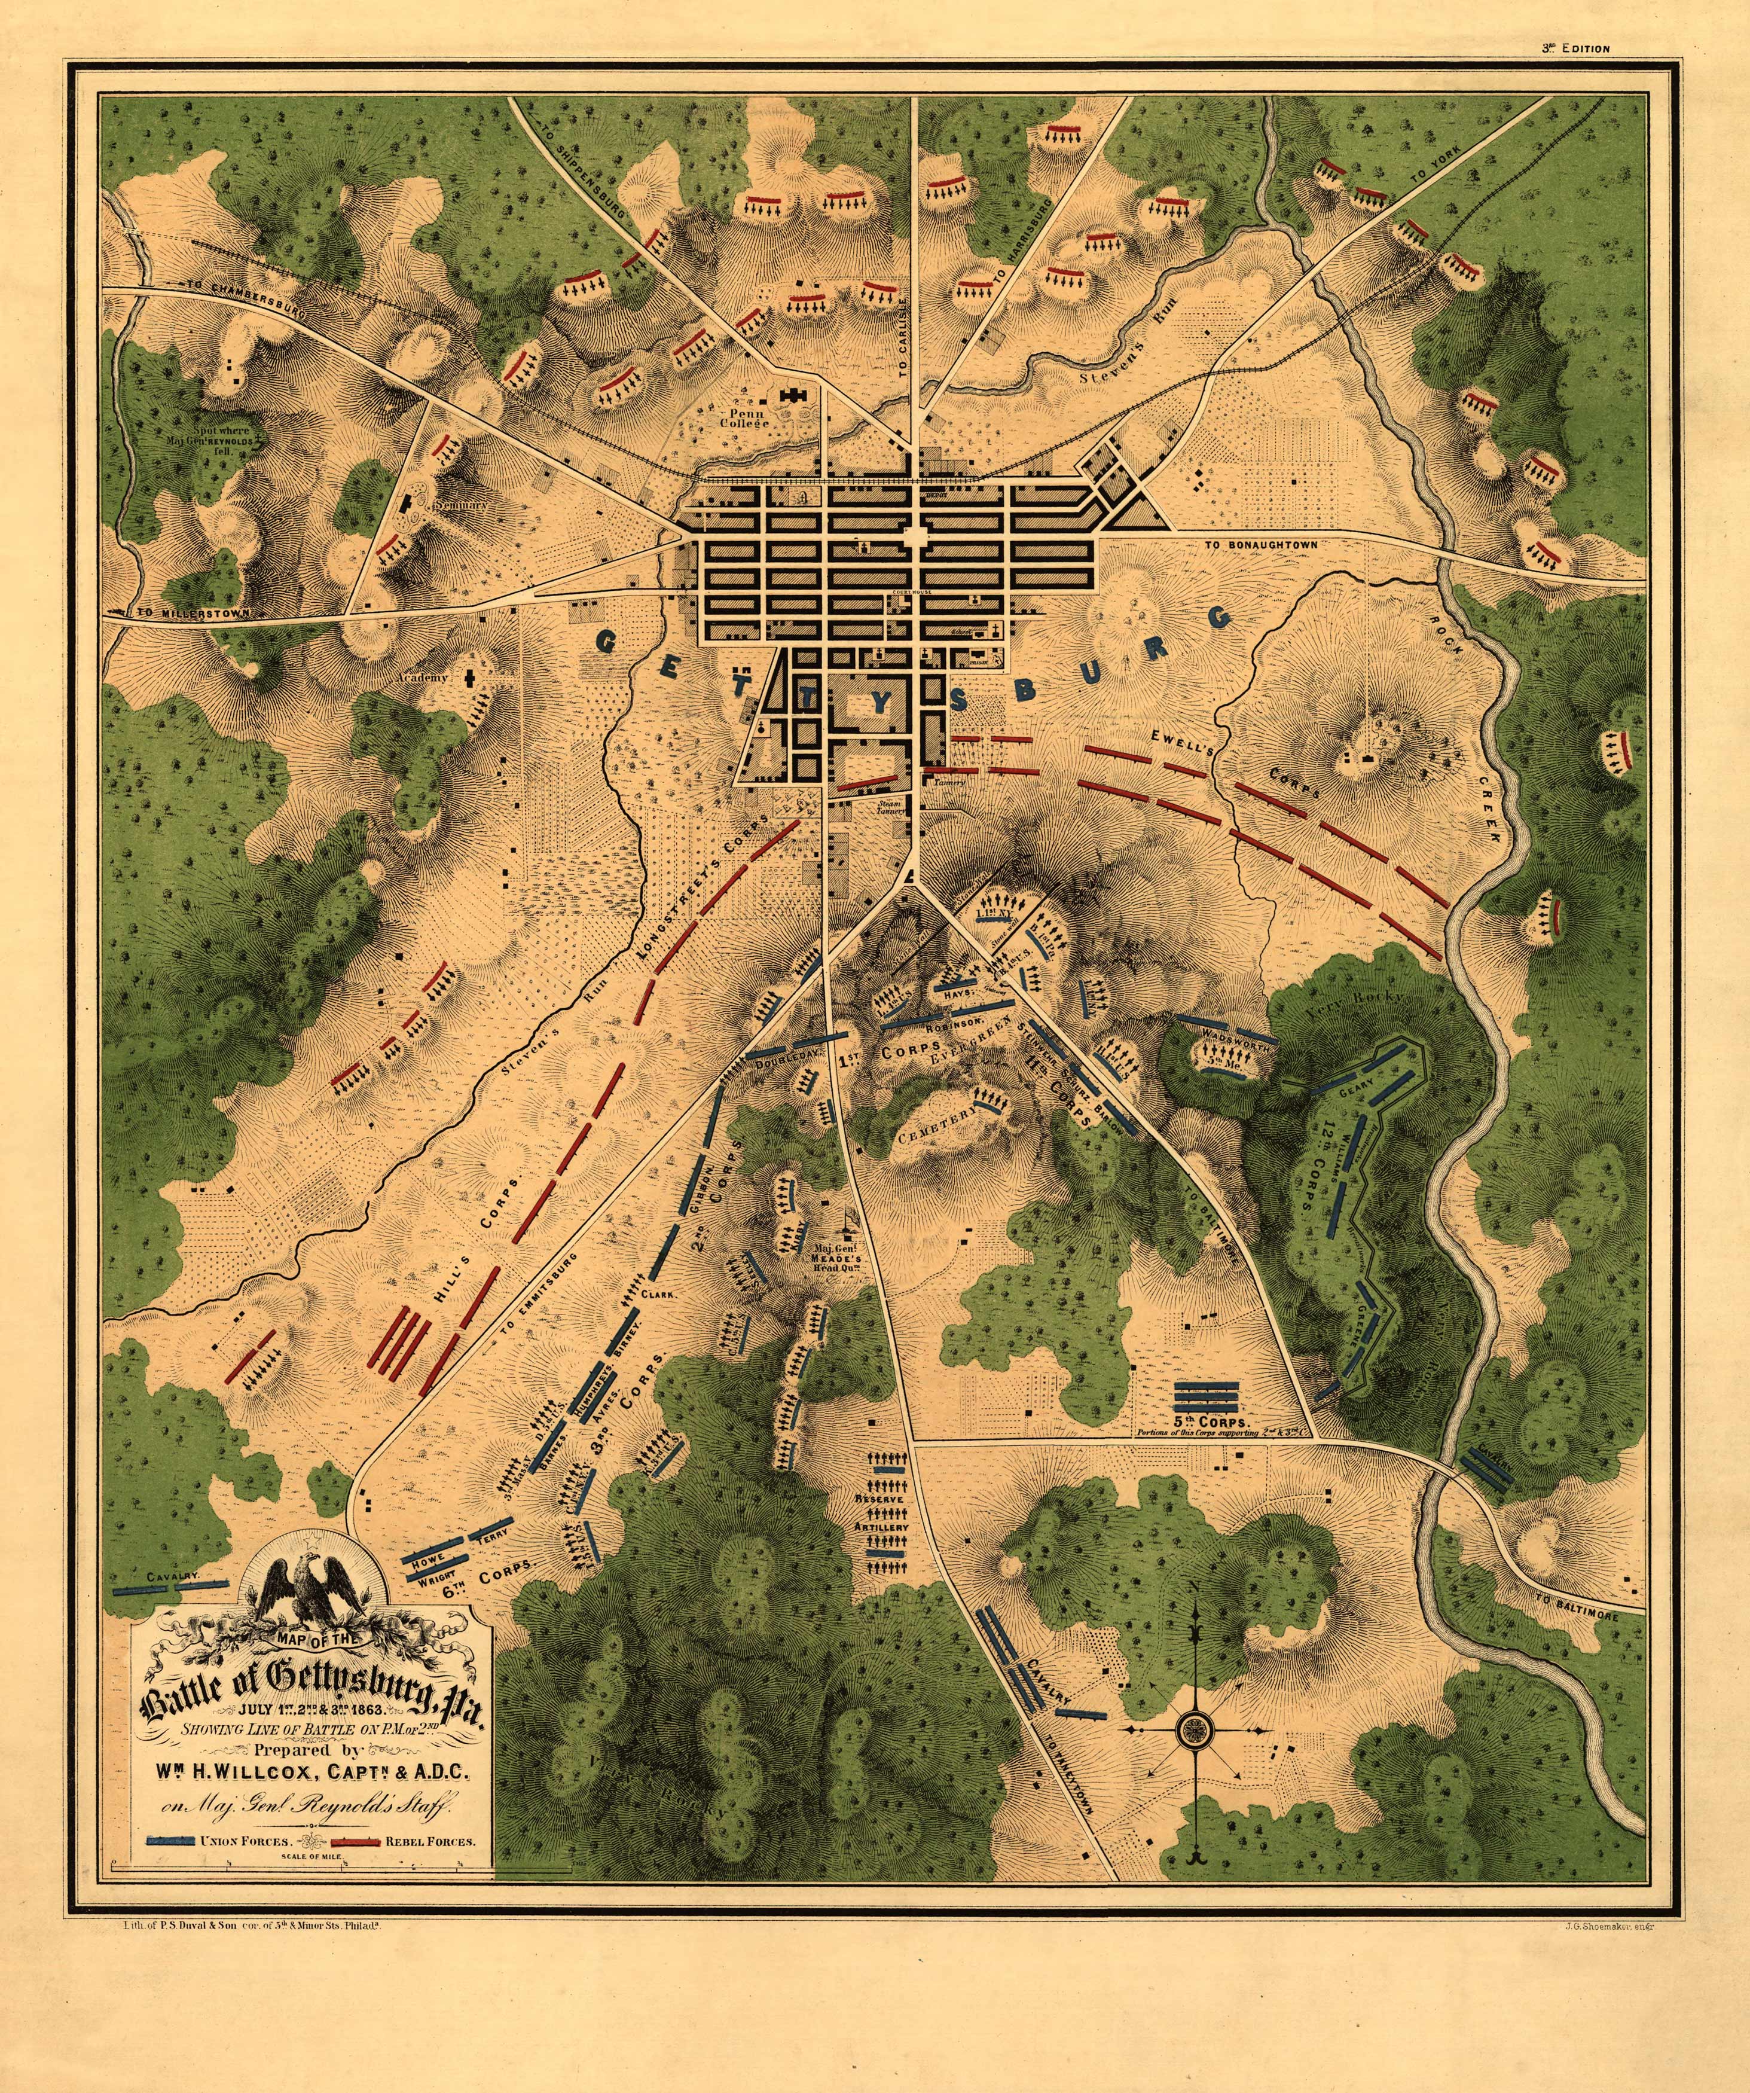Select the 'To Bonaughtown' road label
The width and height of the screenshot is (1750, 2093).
1261,545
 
